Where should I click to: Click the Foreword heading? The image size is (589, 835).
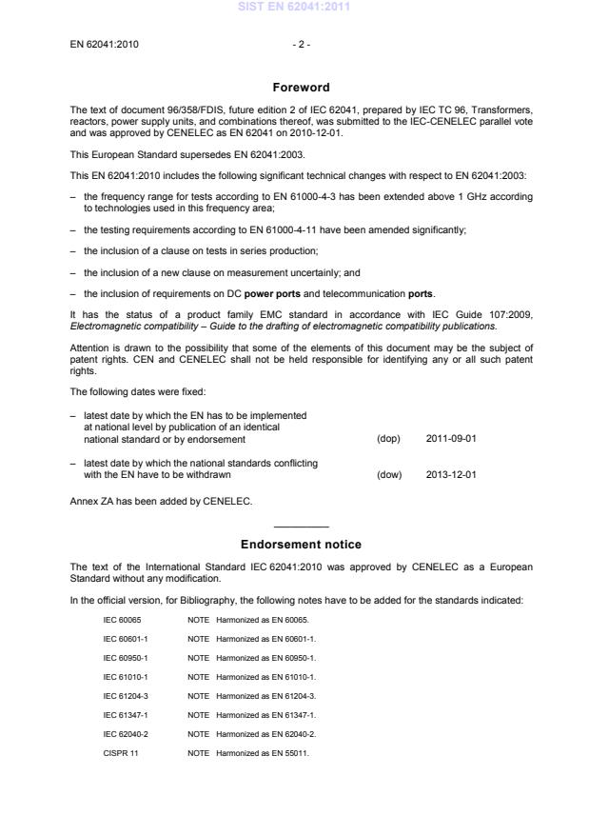tap(301, 87)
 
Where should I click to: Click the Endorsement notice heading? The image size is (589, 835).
tap(301, 545)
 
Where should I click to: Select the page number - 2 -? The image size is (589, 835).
tap(301, 44)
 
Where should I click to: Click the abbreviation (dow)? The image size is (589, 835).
tap(389, 473)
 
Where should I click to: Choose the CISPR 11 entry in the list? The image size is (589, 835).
tap(120, 753)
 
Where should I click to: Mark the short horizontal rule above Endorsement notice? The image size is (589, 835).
tap(301, 526)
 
